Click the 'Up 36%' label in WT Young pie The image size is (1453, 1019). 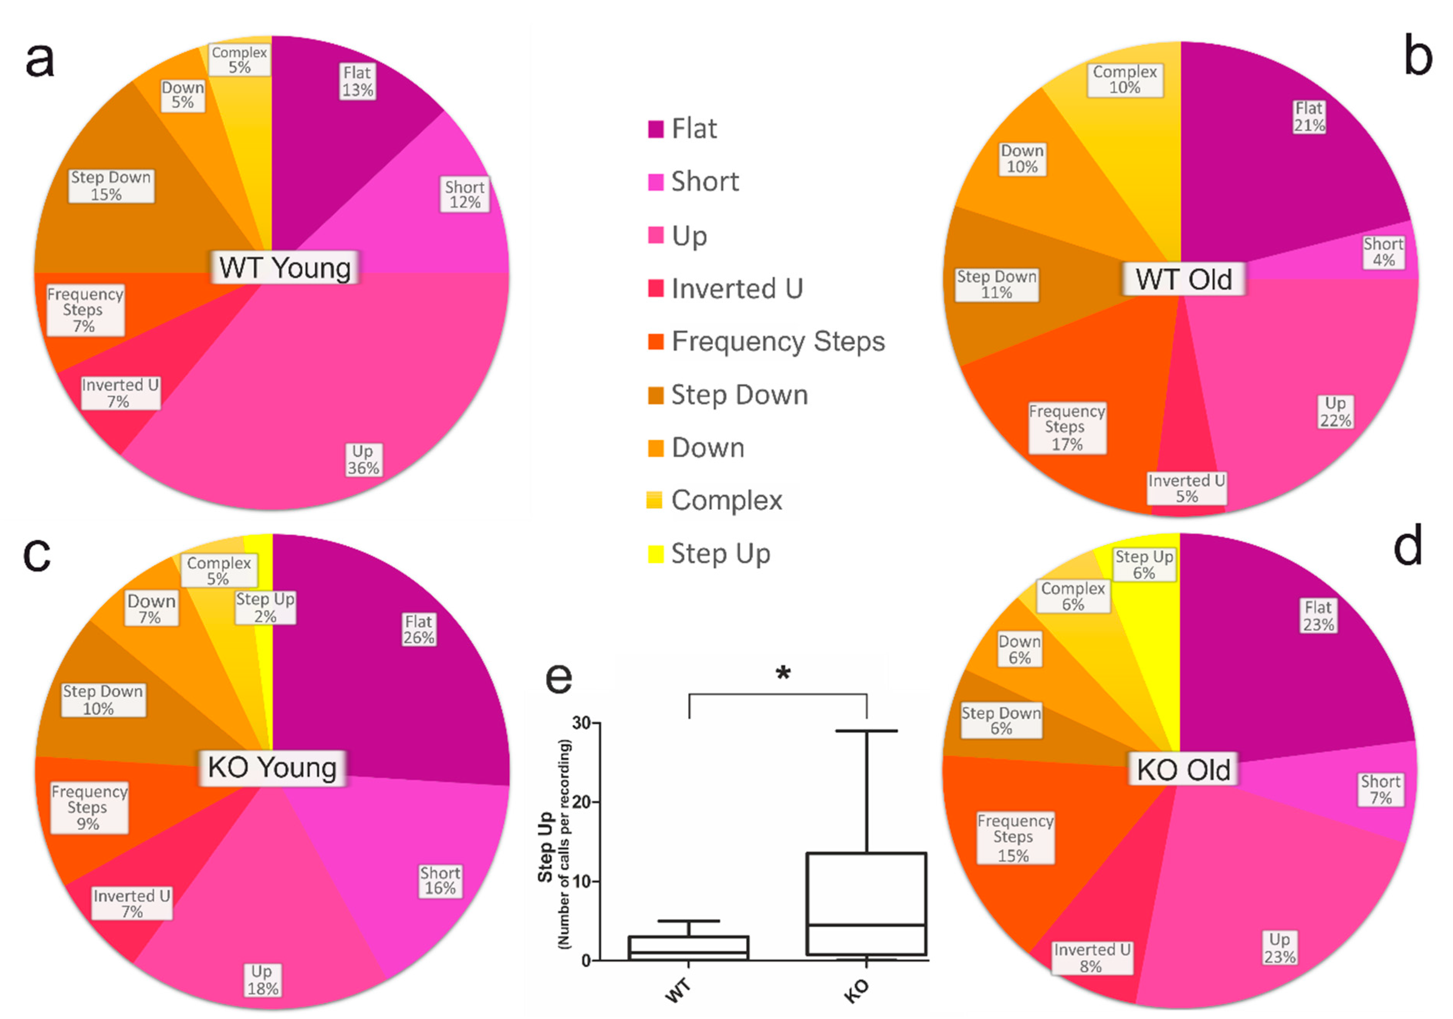click(363, 460)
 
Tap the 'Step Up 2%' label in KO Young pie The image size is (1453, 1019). click(265, 608)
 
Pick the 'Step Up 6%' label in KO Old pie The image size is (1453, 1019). click(1144, 564)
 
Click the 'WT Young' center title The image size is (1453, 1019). click(285, 268)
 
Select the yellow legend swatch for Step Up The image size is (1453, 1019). click(656, 554)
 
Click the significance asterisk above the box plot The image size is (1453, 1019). click(783, 673)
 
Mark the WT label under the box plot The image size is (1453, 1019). click(678, 990)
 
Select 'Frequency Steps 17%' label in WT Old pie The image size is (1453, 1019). click(1067, 428)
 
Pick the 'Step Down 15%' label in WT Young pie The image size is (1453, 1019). click(111, 186)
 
